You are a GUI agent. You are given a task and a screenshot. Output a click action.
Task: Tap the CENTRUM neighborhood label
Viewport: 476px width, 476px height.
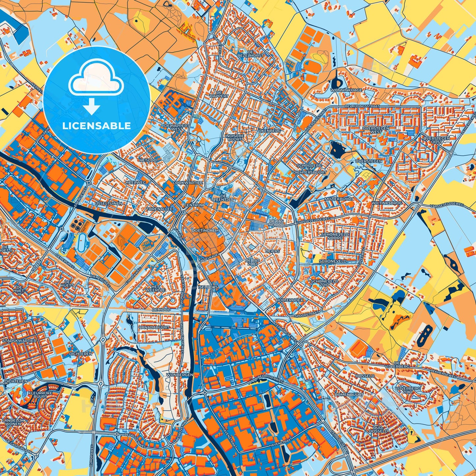coord(194,205)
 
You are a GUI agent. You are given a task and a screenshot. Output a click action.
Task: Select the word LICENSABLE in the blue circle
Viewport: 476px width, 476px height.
coord(97,126)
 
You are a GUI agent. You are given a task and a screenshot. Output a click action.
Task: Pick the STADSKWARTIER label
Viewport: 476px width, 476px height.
coord(19,340)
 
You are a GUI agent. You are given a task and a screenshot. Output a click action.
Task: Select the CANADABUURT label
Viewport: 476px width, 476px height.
coord(154,327)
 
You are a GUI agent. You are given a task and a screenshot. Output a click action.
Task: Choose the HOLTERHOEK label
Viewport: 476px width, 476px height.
coord(290,300)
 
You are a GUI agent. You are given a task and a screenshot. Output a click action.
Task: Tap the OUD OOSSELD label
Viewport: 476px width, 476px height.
coord(378,429)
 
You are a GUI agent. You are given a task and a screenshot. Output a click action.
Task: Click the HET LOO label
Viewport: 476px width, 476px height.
coord(148,160)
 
